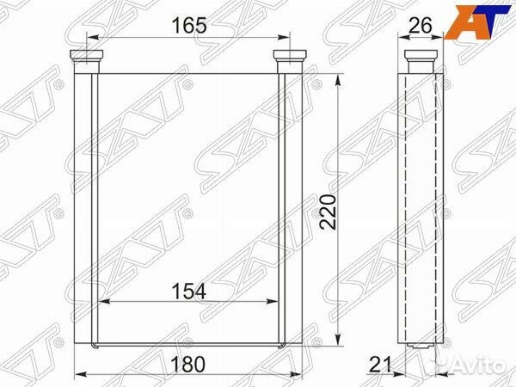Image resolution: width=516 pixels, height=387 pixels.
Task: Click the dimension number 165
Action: coord(189,25)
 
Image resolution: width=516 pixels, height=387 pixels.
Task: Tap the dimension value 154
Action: coord(189,292)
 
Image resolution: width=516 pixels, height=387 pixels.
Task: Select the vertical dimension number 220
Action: coord(329,212)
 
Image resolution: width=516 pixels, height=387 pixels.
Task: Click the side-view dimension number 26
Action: coord(420,25)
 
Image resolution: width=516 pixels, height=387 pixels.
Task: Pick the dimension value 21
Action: coord(380,365)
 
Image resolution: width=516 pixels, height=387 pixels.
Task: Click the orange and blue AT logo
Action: coord(480,21)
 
